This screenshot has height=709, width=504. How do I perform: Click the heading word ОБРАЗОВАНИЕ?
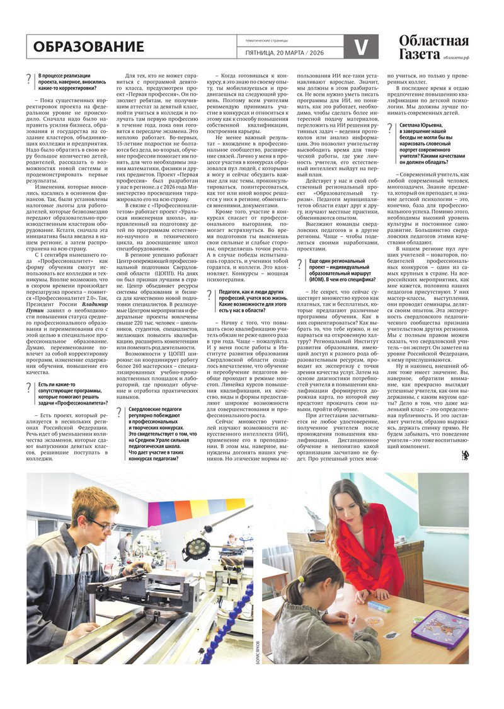tap(88, 47)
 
